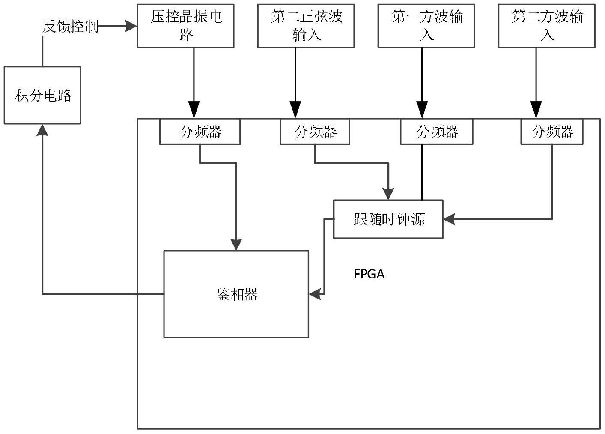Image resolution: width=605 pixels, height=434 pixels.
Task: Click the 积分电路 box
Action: [42, 95]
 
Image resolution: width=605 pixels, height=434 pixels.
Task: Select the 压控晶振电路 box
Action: [185, 26]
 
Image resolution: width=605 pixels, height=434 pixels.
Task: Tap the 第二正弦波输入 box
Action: [306, 26]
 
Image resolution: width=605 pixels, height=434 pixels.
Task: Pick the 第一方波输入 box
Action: [426, 26]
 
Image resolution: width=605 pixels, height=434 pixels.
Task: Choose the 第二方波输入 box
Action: [546, 26]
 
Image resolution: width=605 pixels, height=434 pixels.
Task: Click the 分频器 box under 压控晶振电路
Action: [200, 132]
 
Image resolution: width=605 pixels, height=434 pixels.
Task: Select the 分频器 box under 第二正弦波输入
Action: [315, 132]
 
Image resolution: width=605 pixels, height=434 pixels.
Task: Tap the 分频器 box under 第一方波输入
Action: [437, 132]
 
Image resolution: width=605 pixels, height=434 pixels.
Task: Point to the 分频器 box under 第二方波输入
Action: [552, 132]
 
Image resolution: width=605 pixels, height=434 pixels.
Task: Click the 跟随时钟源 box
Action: [388, 219]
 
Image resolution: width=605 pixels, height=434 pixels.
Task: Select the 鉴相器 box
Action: [236, 294]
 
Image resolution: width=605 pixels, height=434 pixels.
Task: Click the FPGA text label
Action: [369, 274]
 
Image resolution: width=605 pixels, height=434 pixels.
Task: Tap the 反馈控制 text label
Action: [70, 27]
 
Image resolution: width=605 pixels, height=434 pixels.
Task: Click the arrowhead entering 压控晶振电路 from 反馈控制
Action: [131, 27]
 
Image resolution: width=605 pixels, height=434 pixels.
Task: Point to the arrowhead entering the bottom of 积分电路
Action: [42, 129]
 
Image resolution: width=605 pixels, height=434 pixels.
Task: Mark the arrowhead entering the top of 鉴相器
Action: [236, 245]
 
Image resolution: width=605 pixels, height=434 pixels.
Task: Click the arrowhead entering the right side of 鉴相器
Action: [315, 294]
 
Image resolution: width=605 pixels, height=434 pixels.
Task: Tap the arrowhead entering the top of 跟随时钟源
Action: [388, 194]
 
